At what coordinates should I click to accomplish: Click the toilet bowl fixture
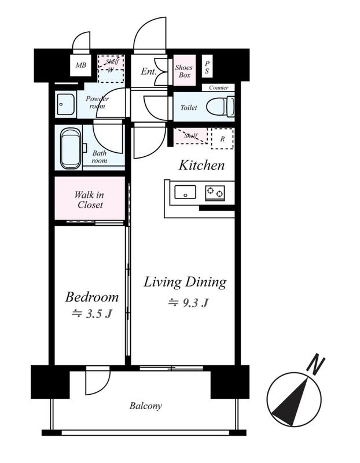(x=220, y=106)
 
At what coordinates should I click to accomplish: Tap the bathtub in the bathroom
(x=71, y=148)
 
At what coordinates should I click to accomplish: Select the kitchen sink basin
(x=185, y=192)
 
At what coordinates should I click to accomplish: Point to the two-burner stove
(x=215, y=193)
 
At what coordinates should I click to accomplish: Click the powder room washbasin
(x=65, y=104)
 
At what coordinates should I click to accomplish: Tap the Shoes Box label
(x=183, y=71)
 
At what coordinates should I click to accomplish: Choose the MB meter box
(x=80, y=65)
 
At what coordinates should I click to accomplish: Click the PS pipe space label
(x=207, y=67)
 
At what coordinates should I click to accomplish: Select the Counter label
(x=219, y=88)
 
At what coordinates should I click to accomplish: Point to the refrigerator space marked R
(x=222, y=138)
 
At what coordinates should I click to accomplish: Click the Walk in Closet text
(x=89, y=200)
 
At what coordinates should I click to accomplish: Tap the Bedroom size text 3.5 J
(x=92, y=314)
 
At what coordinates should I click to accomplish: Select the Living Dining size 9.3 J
(x=189, y=303)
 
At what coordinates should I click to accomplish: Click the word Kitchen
(x=202, y=166)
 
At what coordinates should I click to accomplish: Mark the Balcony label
(x=146, y=406)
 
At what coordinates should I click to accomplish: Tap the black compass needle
(x=292, y=402)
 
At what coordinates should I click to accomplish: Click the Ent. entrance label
(x=148, y=71)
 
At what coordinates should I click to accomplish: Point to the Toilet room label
(x=189, y=108)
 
